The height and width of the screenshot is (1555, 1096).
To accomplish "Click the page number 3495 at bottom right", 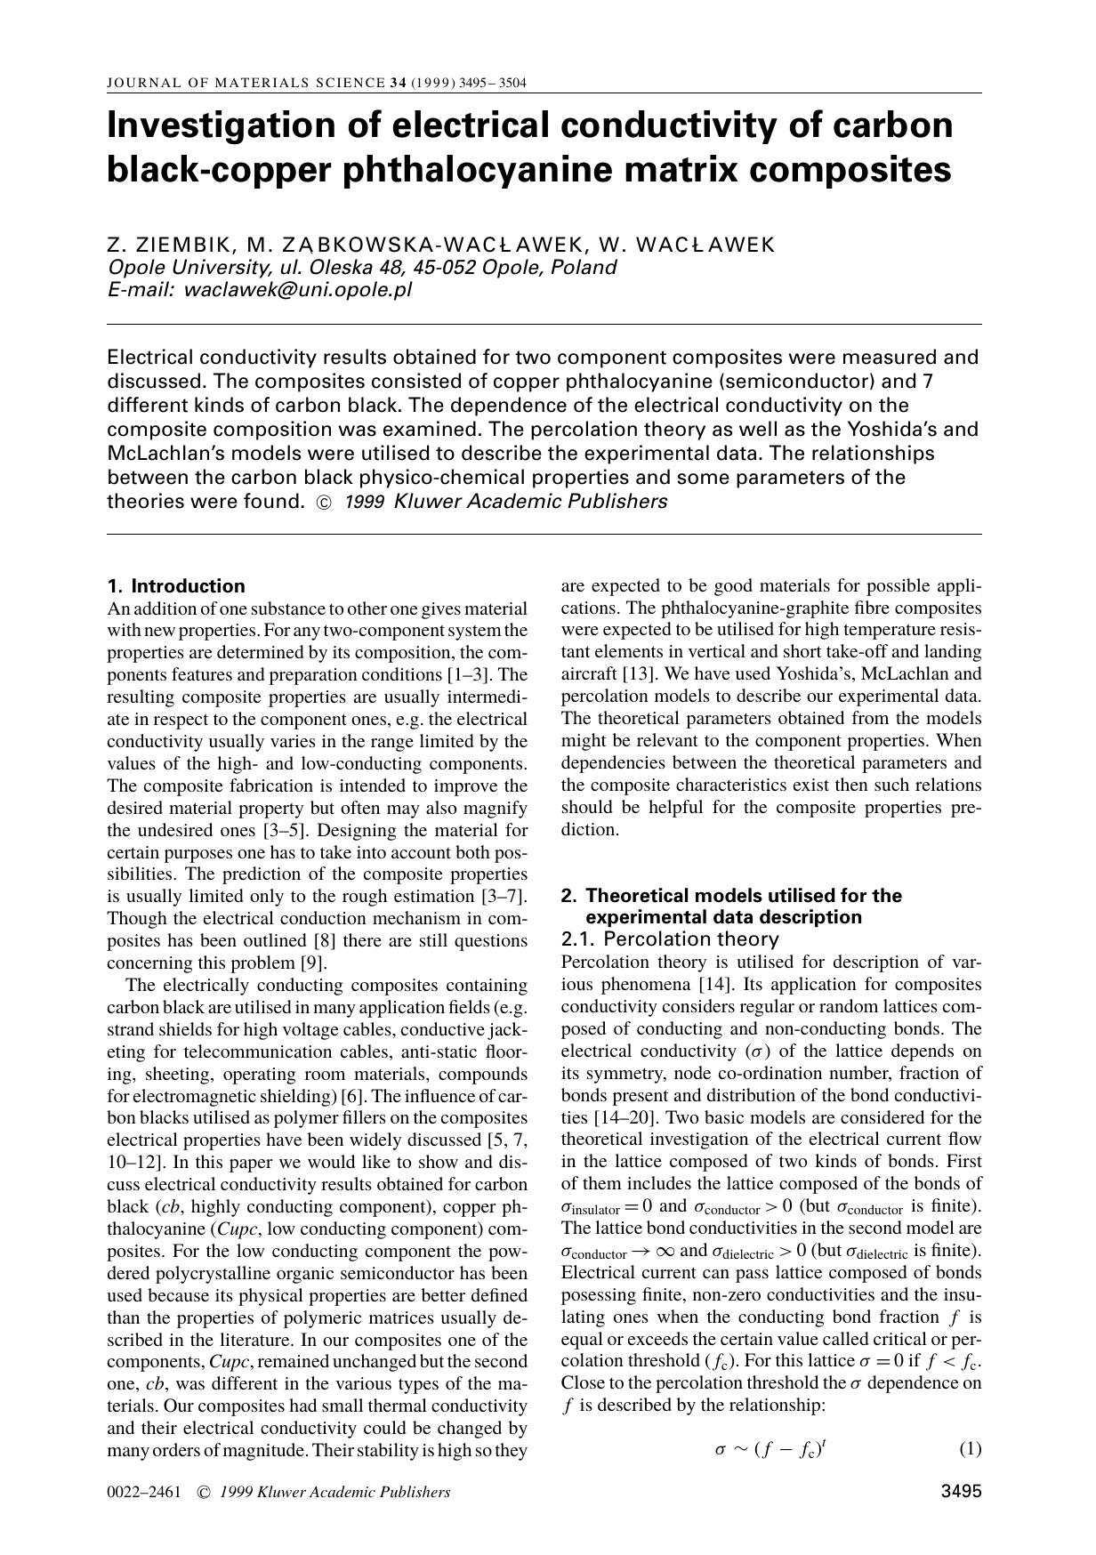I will pos(961,1492).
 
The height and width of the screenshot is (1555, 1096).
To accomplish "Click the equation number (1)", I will pos(970,1449).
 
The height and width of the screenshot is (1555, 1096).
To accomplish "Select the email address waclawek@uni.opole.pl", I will pos(297,290).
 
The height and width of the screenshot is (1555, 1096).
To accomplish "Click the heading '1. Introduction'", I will pos(175,586).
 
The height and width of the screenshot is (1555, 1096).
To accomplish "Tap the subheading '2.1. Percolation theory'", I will pos(670,939).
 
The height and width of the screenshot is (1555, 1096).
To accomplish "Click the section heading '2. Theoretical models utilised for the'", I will pos(730,896).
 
